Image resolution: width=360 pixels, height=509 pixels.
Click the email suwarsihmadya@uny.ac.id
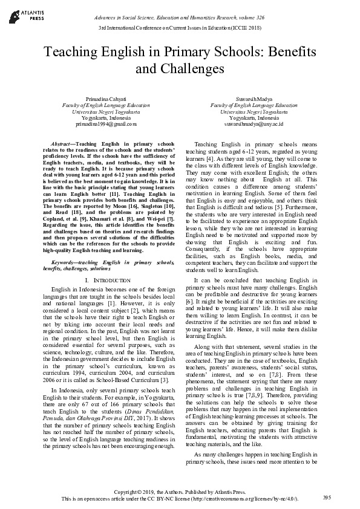pyautogui.click(x=250, y=124)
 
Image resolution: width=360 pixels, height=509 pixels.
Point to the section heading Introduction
pyautogui.click(x=112, y=281)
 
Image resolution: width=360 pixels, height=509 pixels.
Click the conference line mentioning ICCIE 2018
pyautogui.click(x=179, y=28)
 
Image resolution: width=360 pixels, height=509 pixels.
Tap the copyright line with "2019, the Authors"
pyautogui.click(x=179, y=491)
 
